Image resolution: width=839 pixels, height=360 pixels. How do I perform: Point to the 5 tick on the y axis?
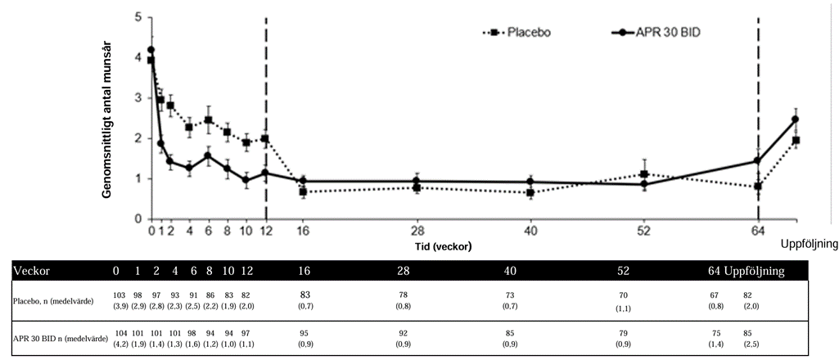[x=138, y=17]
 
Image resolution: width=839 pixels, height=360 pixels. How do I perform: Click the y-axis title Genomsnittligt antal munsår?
[x=107, y=119]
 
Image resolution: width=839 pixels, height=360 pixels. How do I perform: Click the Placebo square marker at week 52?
[x=644, y=174]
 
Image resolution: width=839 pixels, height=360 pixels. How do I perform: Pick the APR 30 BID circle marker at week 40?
[x=530, y=182]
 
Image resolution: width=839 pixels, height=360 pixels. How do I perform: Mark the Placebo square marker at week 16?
[x=303, y=192]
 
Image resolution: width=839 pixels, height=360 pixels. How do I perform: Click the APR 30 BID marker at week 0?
[x=151, y=51]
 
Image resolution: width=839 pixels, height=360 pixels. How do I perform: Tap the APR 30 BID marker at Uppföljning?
[x=795, y=119]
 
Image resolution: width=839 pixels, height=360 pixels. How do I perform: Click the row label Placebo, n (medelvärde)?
[x=54, y=302]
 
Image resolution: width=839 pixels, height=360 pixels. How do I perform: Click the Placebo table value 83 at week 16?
[x=303, y=294]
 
